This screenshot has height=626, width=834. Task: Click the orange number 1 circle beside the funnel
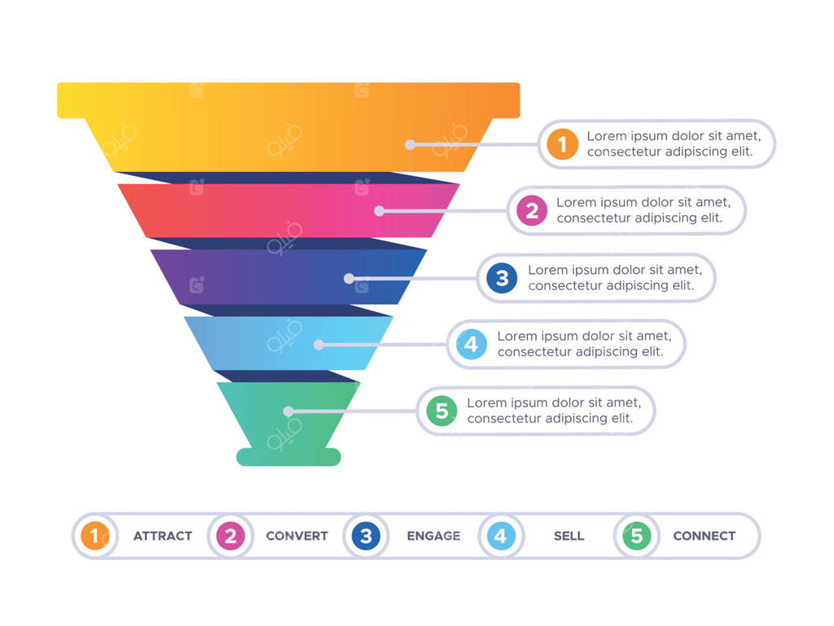[x=562, y=144]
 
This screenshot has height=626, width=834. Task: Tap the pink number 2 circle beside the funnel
[x=531, y=211]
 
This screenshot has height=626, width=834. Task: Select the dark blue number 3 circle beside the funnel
[x=502, y=278]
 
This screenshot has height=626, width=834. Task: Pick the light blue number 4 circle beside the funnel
[x=471, y=344]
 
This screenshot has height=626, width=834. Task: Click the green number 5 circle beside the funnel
[x=441, y=411]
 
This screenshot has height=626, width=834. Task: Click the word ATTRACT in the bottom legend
[x=163, y=536]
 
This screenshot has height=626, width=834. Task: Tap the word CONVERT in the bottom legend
[x=296, y=536]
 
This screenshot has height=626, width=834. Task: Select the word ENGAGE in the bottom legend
[x=433, y=536]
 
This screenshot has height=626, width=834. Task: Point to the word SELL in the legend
[x=568, y=536]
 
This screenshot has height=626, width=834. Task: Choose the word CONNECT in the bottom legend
[x=704, y=536]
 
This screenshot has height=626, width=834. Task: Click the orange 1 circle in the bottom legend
[x=95, y=536]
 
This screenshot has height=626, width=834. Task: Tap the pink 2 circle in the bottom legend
[x=230, y=536]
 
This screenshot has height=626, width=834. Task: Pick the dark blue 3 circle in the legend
[x=367, y=536]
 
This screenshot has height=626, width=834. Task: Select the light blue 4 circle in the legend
[x=501, y=536]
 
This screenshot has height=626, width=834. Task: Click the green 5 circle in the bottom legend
[x=637, y=536]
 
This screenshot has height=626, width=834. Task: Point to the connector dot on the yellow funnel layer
[x=410, y=144]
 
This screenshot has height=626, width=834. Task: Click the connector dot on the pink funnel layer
[x=379, y=211]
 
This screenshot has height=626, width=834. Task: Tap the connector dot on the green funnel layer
[x=288, y=412]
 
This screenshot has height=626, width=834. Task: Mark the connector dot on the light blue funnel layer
[x=318, y=345]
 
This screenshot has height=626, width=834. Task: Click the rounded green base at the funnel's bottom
[x=288, y=457]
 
